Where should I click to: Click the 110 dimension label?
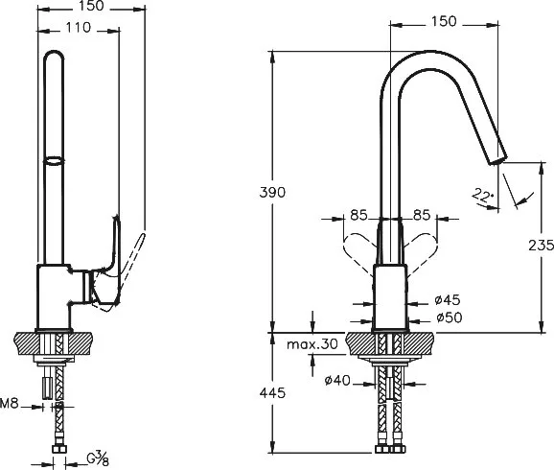point(79,28)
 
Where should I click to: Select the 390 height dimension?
point(272,193)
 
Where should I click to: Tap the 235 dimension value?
point(541,246)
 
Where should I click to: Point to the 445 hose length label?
point(272,392)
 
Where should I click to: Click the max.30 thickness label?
point(312,343)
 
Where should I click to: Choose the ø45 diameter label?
point(448,300)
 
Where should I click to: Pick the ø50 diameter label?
point(450,317)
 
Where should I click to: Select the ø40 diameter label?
point(337,381)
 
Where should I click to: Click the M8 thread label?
point(10,403)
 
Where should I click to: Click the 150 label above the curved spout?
point(444,21)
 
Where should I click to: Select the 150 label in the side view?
point(91,6)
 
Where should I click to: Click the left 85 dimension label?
point(359,215)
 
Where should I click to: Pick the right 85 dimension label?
point(422,215)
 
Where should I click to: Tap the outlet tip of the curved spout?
point(498,160)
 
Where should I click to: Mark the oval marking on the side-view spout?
point(54,161)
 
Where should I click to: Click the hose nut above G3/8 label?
point(59,449)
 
